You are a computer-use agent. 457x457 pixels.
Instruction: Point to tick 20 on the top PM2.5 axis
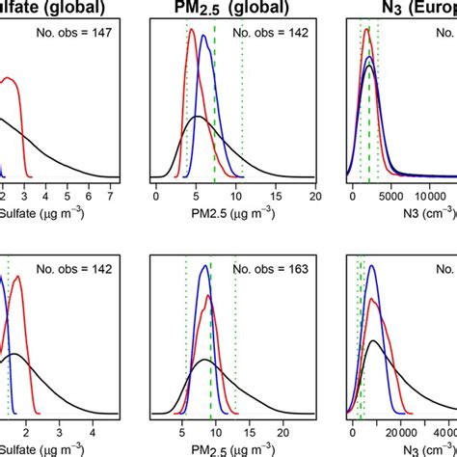314,197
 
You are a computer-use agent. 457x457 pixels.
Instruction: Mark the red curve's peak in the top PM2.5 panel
191,31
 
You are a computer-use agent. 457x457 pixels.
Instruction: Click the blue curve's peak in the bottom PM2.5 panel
203,267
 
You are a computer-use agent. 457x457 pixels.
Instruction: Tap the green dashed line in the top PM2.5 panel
214,106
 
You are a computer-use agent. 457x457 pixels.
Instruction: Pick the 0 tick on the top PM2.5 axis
155,197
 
